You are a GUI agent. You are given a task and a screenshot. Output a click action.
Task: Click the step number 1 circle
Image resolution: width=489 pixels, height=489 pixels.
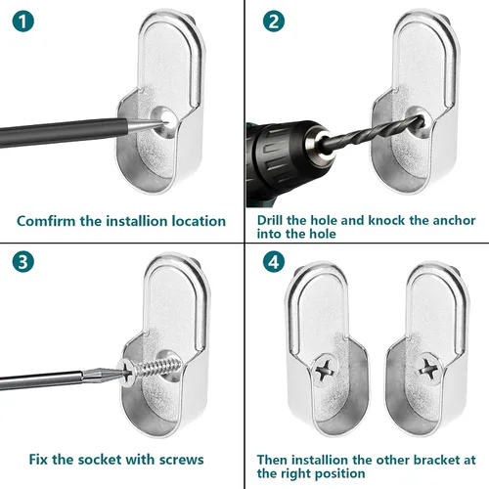pos(23,22)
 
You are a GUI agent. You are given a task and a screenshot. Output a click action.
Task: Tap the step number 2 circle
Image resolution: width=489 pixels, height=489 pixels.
pos(274,22)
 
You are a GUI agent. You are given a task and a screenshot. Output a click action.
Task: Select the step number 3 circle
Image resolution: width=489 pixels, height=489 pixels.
pos(23,262)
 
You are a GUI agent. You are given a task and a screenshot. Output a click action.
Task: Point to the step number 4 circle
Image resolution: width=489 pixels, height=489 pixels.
pos(274,262)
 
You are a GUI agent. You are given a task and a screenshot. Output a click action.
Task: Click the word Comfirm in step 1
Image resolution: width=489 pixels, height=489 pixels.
pos(46,221)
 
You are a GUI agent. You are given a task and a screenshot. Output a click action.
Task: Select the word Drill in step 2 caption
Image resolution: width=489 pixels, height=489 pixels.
pos(270,220)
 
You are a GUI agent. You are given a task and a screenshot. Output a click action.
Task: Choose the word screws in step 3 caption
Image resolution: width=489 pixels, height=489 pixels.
pos(182,461)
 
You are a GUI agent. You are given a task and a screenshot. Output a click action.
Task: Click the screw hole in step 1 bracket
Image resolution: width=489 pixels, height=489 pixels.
pos(165,122)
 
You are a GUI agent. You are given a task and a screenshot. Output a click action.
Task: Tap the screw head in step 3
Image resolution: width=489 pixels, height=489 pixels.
pos(127,372)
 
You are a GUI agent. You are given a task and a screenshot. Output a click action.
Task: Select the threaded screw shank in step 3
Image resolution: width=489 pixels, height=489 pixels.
pos(158,367)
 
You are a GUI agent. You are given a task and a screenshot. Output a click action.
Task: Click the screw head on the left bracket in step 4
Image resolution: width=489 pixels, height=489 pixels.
pos(326,370)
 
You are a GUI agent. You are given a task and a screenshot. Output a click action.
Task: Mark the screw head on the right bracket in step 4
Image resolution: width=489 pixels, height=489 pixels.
pos(428,369)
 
